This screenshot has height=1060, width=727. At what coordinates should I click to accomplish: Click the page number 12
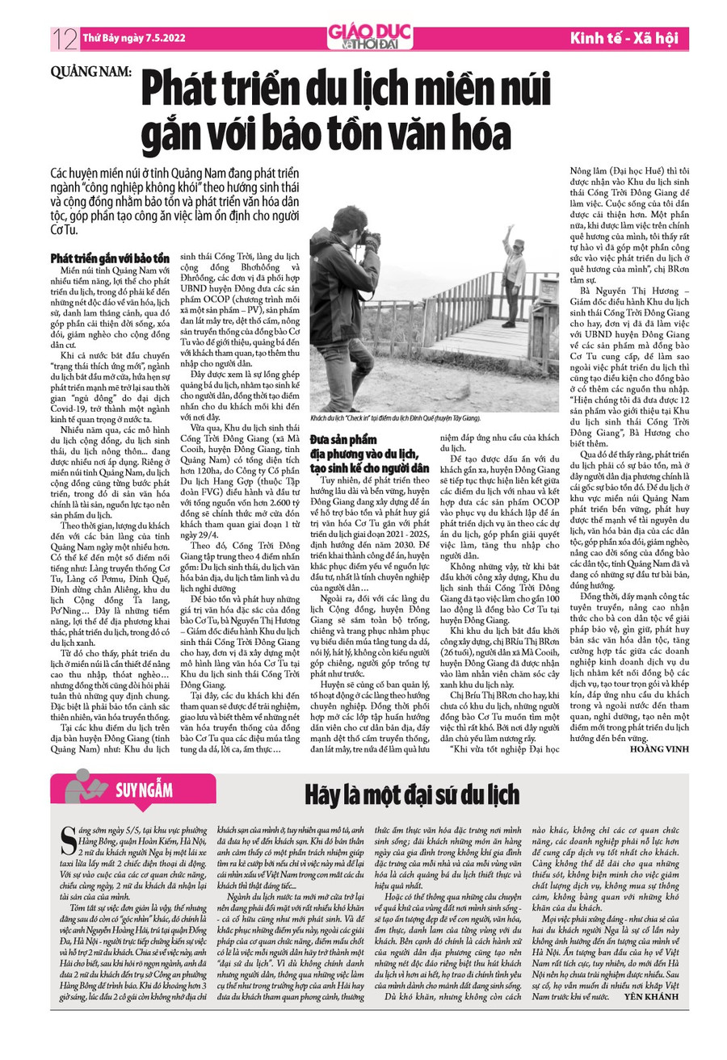pyautogui.click(x=62, y=37)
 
